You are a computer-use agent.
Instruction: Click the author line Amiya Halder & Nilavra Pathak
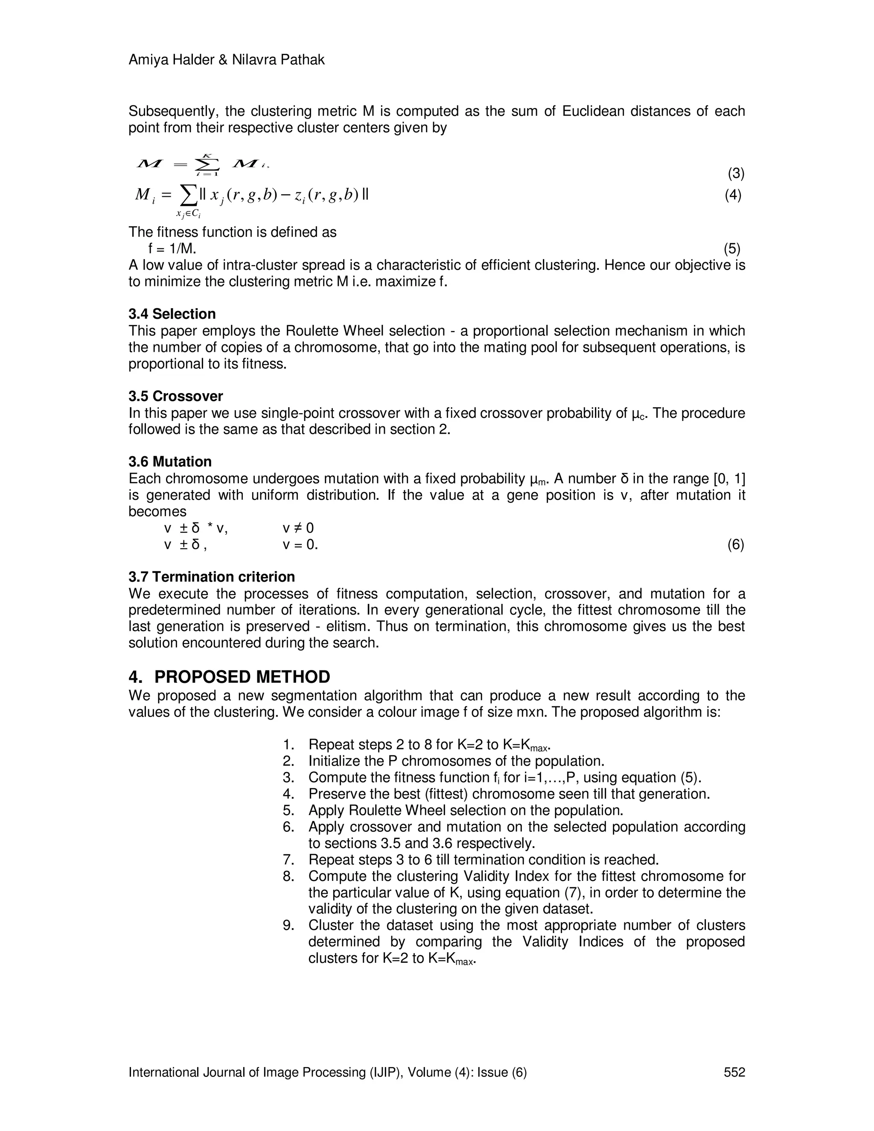click(x=226, y=60)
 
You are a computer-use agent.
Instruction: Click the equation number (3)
click(x=736, y=173)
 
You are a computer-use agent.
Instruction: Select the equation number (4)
click(x=733, y=195)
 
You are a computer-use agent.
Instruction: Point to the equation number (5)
click(x=731, y=249)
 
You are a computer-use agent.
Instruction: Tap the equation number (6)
click(x=735, y=544)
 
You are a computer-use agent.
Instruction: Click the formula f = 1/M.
click(x=172, y=249)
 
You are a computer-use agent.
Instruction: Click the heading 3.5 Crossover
click(x=175, y=396)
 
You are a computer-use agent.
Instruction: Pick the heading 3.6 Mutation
click(x=170, y=461)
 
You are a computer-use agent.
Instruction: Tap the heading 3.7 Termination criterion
click(x=211, y=577)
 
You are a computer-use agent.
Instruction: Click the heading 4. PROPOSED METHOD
click(x=229, y=677)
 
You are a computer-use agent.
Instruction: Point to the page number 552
click(x=734, y=1072)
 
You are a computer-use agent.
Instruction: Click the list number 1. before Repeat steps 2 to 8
click(x=288, y=745)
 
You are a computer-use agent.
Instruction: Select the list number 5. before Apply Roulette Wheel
click(x=288, y=810)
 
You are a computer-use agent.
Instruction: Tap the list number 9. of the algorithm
click(x=288, y=925)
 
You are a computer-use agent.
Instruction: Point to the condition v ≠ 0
click(x=298, y=528)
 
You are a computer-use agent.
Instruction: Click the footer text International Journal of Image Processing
click(x=327, y=1072)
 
